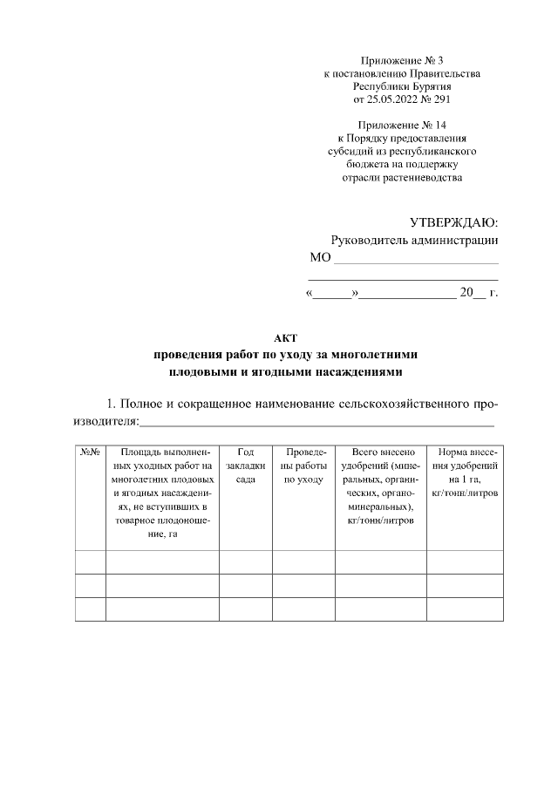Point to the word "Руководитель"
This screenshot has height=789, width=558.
click(x=371, y=241)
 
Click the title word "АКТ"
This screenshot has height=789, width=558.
click(x=286, y=338)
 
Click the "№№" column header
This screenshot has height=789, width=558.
click(x=91, y=452)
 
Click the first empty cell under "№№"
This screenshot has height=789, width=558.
click(x=91, y=562)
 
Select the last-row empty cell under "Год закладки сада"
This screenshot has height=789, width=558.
click(x=245, y=609)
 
